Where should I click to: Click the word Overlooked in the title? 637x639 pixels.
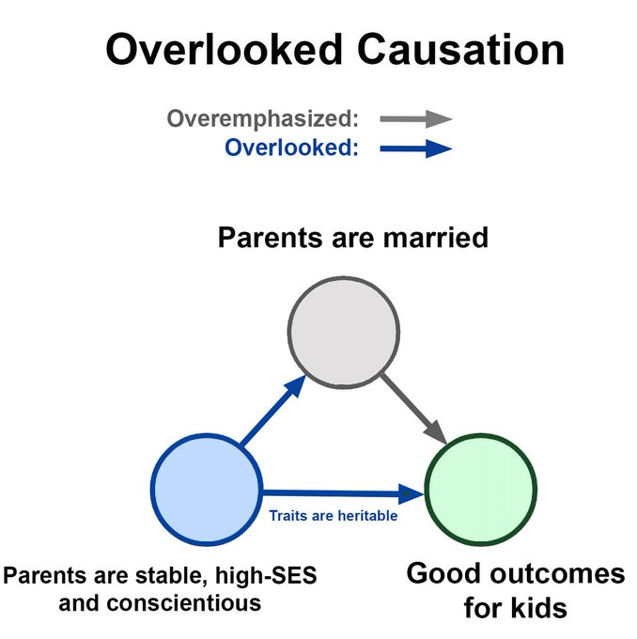pos(222,50)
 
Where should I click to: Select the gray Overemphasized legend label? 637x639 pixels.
pos(263,119)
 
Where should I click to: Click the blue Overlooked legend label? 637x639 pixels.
pos(292,148)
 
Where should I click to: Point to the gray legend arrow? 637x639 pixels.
pos(415,119)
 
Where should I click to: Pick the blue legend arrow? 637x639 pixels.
pos(415,148)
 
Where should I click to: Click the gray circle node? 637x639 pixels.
pos(344,331)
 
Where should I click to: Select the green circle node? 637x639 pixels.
pos(480,488)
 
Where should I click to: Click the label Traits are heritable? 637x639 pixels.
pos(333,515)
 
